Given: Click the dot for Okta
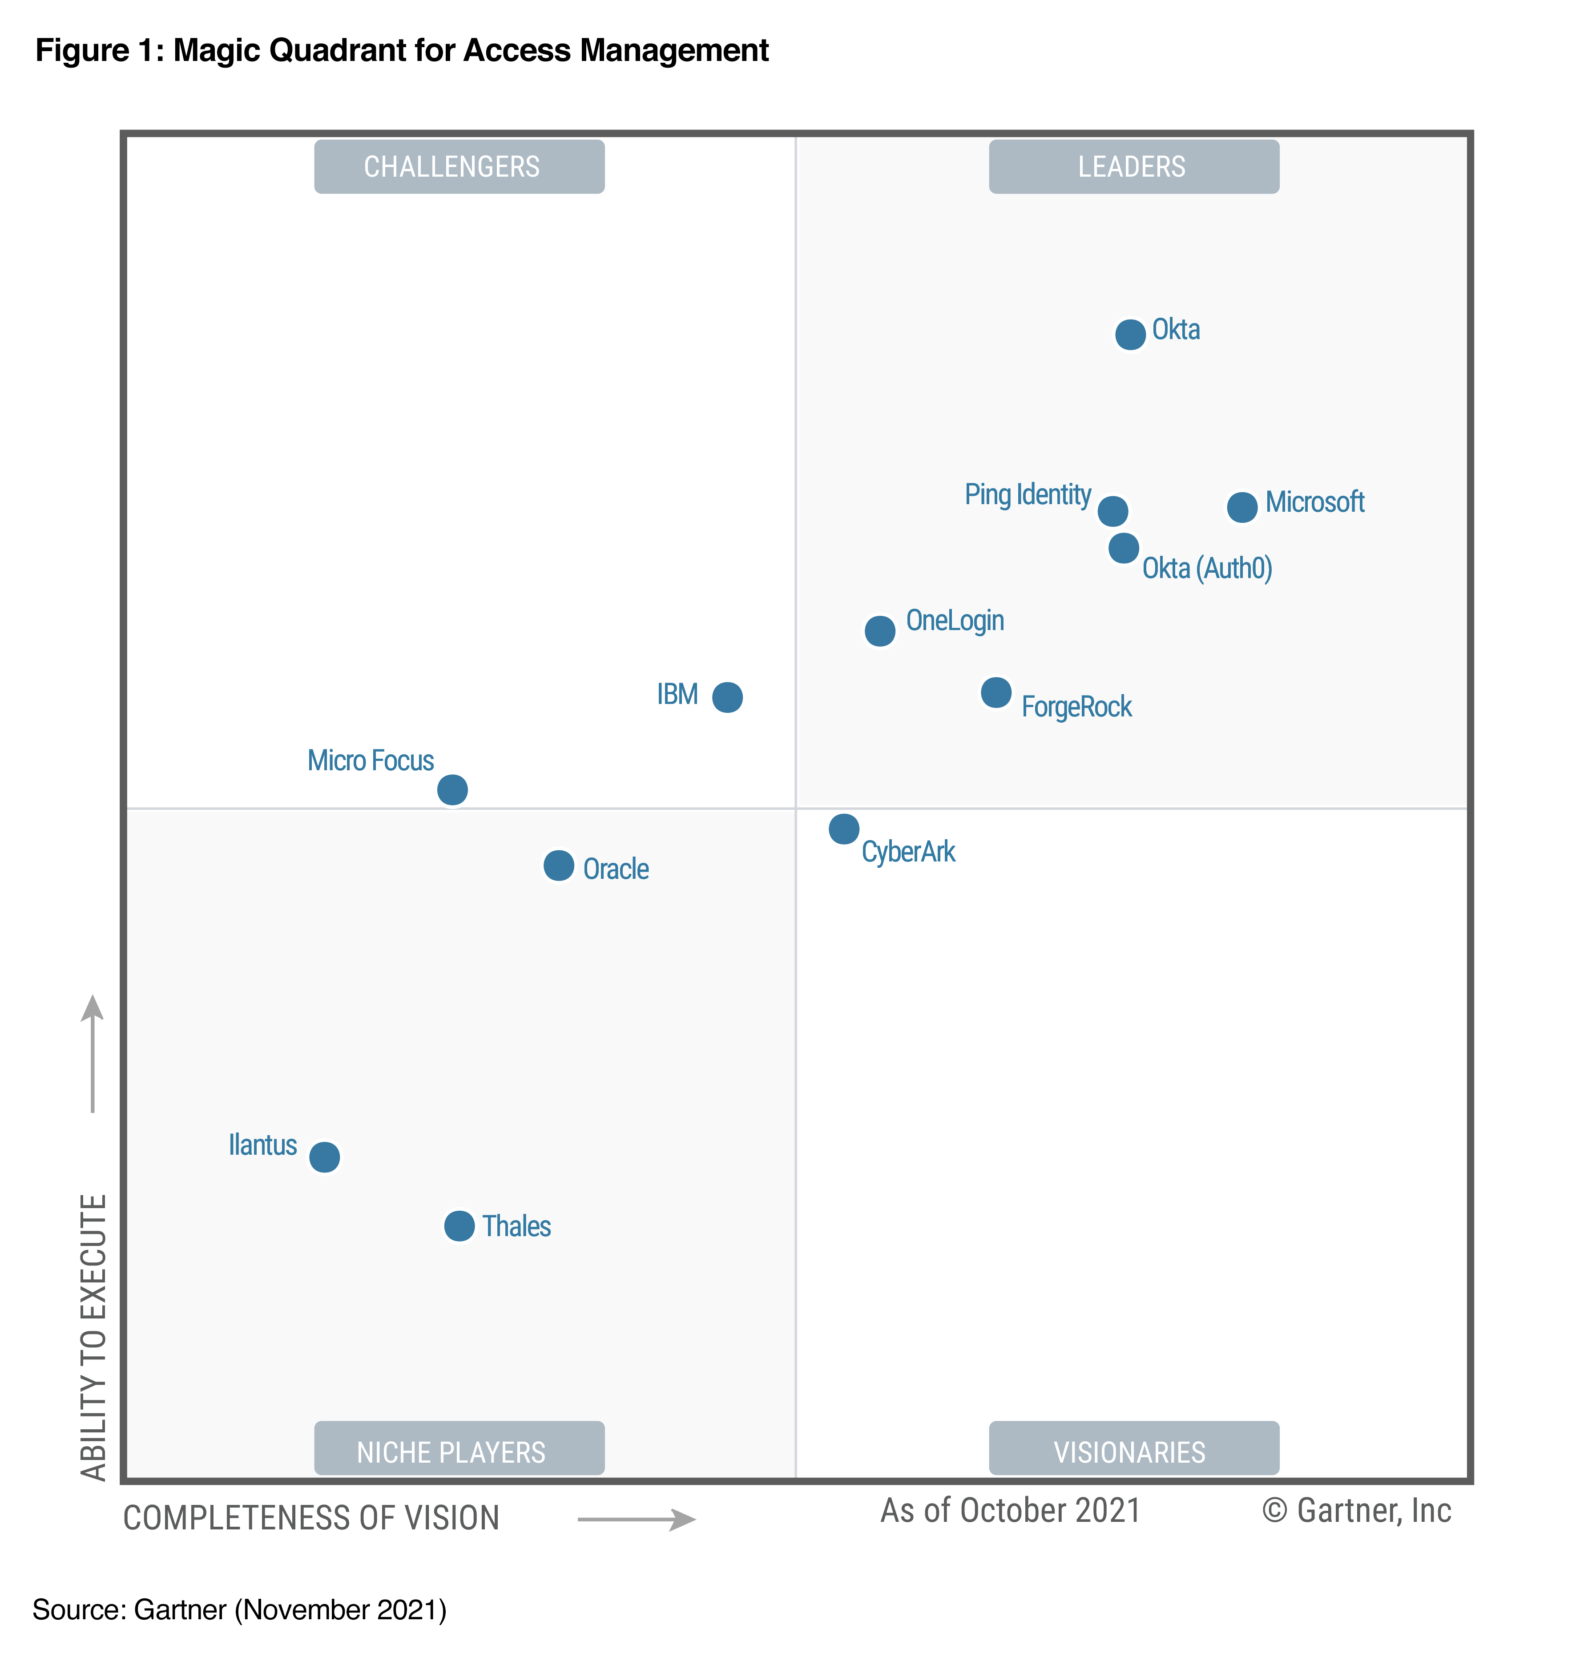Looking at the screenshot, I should pos(1129,334).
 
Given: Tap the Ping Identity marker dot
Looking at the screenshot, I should pos(1112,511).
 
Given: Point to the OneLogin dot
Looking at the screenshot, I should pos(879,631).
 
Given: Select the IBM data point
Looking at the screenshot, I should pos(727,697).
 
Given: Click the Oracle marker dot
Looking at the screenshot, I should pos(558,865).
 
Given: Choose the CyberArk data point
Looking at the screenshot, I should pos(844,828).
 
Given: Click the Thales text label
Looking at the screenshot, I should pos(516,1226).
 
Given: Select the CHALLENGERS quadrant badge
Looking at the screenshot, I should pos(459,166).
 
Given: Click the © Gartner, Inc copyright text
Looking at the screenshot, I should pos(1356,1510).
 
